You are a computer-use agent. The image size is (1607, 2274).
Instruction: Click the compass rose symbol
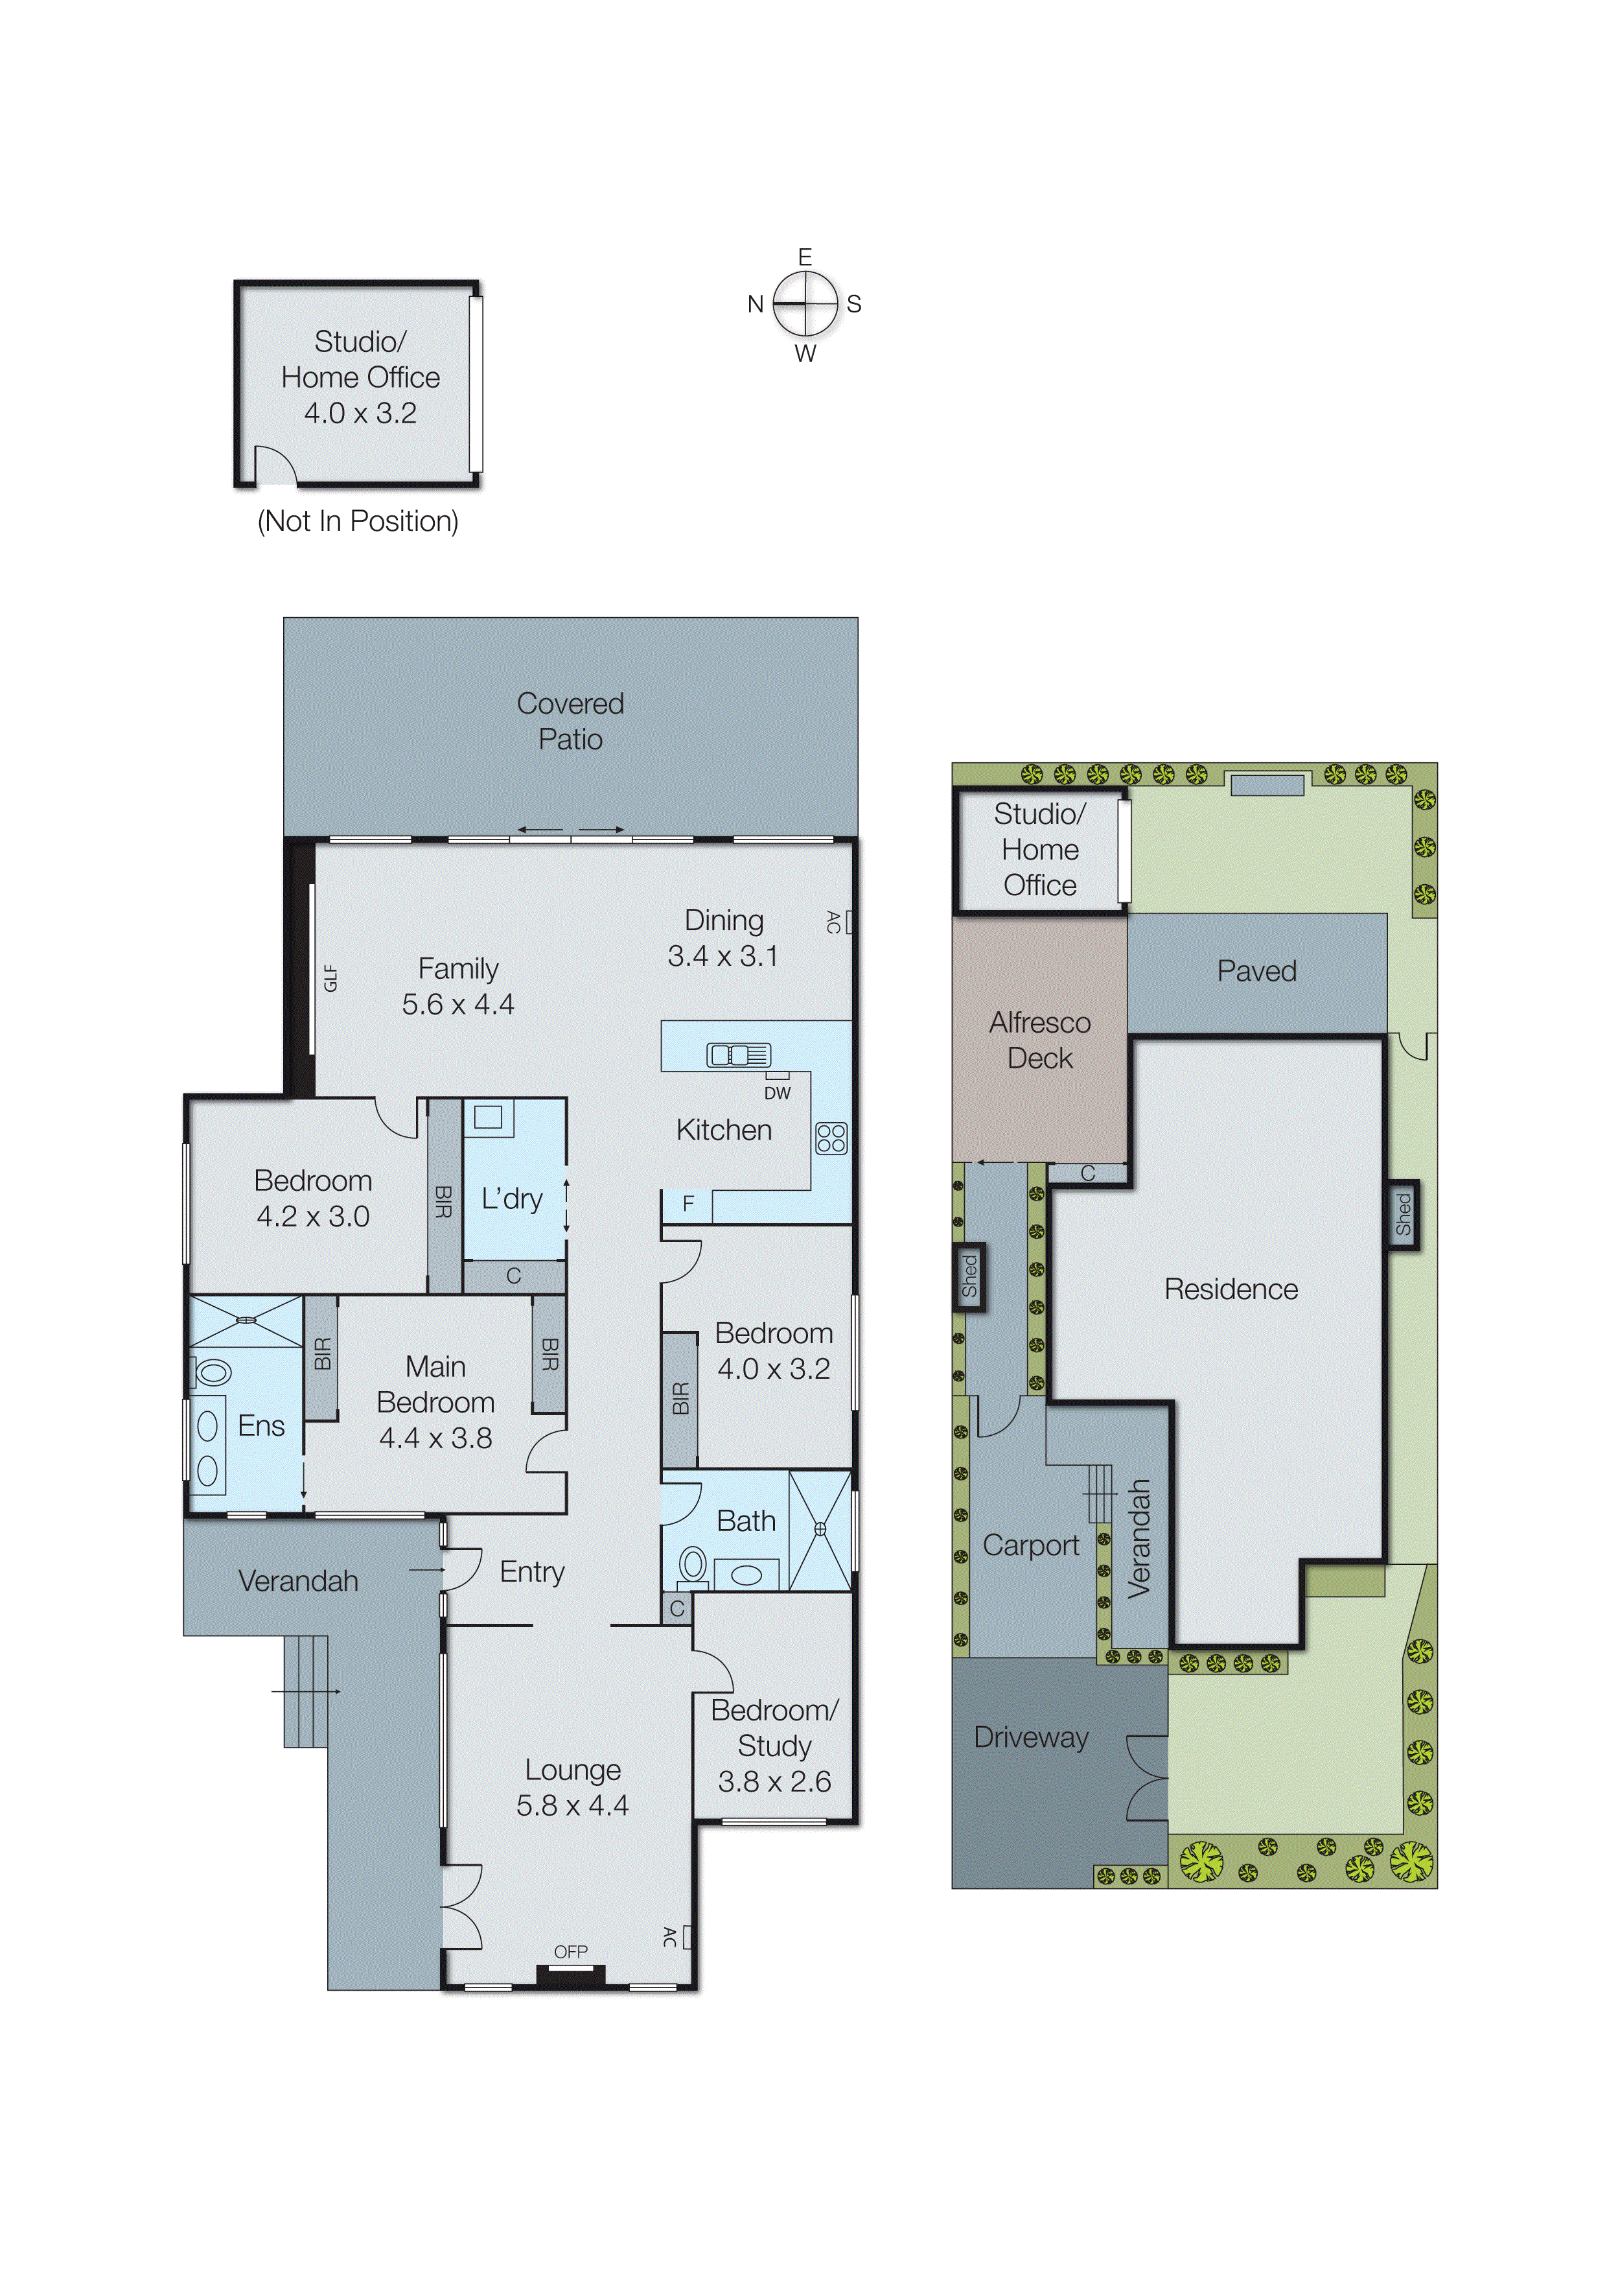point(805,304)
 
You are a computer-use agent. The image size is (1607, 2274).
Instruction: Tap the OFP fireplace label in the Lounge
point(570,1951)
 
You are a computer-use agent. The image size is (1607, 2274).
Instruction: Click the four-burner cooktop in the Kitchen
point(831,1138)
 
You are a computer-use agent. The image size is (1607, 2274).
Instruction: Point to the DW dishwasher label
point(778,1092)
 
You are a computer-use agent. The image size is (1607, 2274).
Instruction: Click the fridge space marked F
point(688,1203)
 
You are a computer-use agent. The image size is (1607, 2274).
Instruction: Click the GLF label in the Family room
point(330,979)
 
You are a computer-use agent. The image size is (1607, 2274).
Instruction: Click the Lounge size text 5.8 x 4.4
point(572,1805)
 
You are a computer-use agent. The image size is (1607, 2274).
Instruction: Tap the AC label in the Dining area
point(834,922)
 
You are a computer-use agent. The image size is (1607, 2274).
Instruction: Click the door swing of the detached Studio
point(274,465)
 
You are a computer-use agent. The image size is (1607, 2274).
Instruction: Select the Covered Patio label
point(570,721)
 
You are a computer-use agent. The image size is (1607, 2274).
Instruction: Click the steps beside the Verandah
point(306,1691)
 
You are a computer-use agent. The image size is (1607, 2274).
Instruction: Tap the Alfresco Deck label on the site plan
point(1039,1040)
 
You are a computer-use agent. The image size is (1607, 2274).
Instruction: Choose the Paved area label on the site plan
point(1256,970)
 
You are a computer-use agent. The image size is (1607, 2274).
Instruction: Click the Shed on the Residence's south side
point(1402,1214)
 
